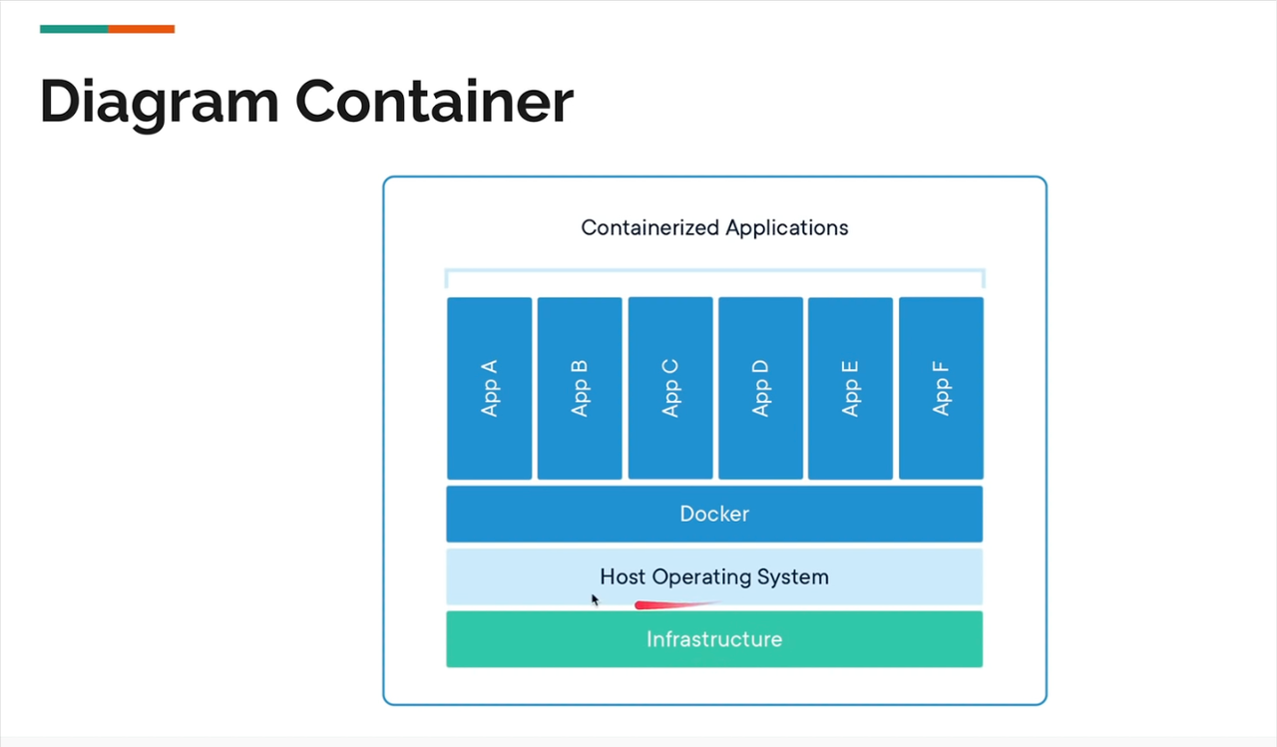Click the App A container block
(489, 388)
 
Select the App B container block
(580, 388)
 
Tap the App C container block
(670, 388)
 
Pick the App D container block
(760, 388)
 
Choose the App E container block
(851, 388)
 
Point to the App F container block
(941, 388)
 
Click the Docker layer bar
(714, 514)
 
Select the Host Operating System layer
(714, 576)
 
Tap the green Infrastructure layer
(714, 639)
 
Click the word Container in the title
(434, 101)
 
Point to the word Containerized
(649, 228)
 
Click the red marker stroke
(676, 604)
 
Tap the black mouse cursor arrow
(595, 599)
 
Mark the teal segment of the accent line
(74, 29)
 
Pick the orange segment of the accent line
(142, 29)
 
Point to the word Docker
(714, 514)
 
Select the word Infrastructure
(714, 639)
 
